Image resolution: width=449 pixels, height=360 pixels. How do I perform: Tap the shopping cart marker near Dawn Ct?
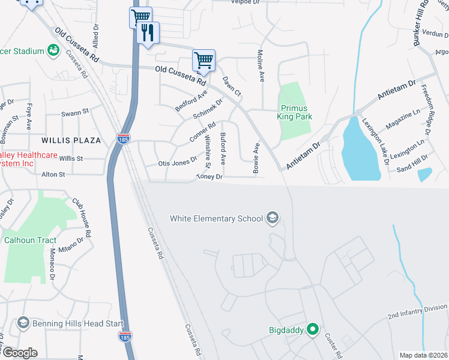tap(203, 60)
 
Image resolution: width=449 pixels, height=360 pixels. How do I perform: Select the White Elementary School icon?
tap(273, 218)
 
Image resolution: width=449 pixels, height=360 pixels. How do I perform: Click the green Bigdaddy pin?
tap(312, 329)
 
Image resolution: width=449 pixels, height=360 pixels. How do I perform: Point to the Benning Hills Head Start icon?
tap(23, 324)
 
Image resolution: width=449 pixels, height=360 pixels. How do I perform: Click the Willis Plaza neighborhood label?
tap(65, 140)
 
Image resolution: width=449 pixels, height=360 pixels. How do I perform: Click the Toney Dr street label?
tap(209, 177)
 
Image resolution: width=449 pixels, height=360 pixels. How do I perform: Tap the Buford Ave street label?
tap(223, 149)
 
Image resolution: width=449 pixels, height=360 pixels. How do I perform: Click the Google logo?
tap(19, 353)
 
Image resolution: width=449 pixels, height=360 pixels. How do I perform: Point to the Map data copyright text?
tap(423, 355)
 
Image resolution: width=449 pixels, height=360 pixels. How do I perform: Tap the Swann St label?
tap(75, 112)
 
